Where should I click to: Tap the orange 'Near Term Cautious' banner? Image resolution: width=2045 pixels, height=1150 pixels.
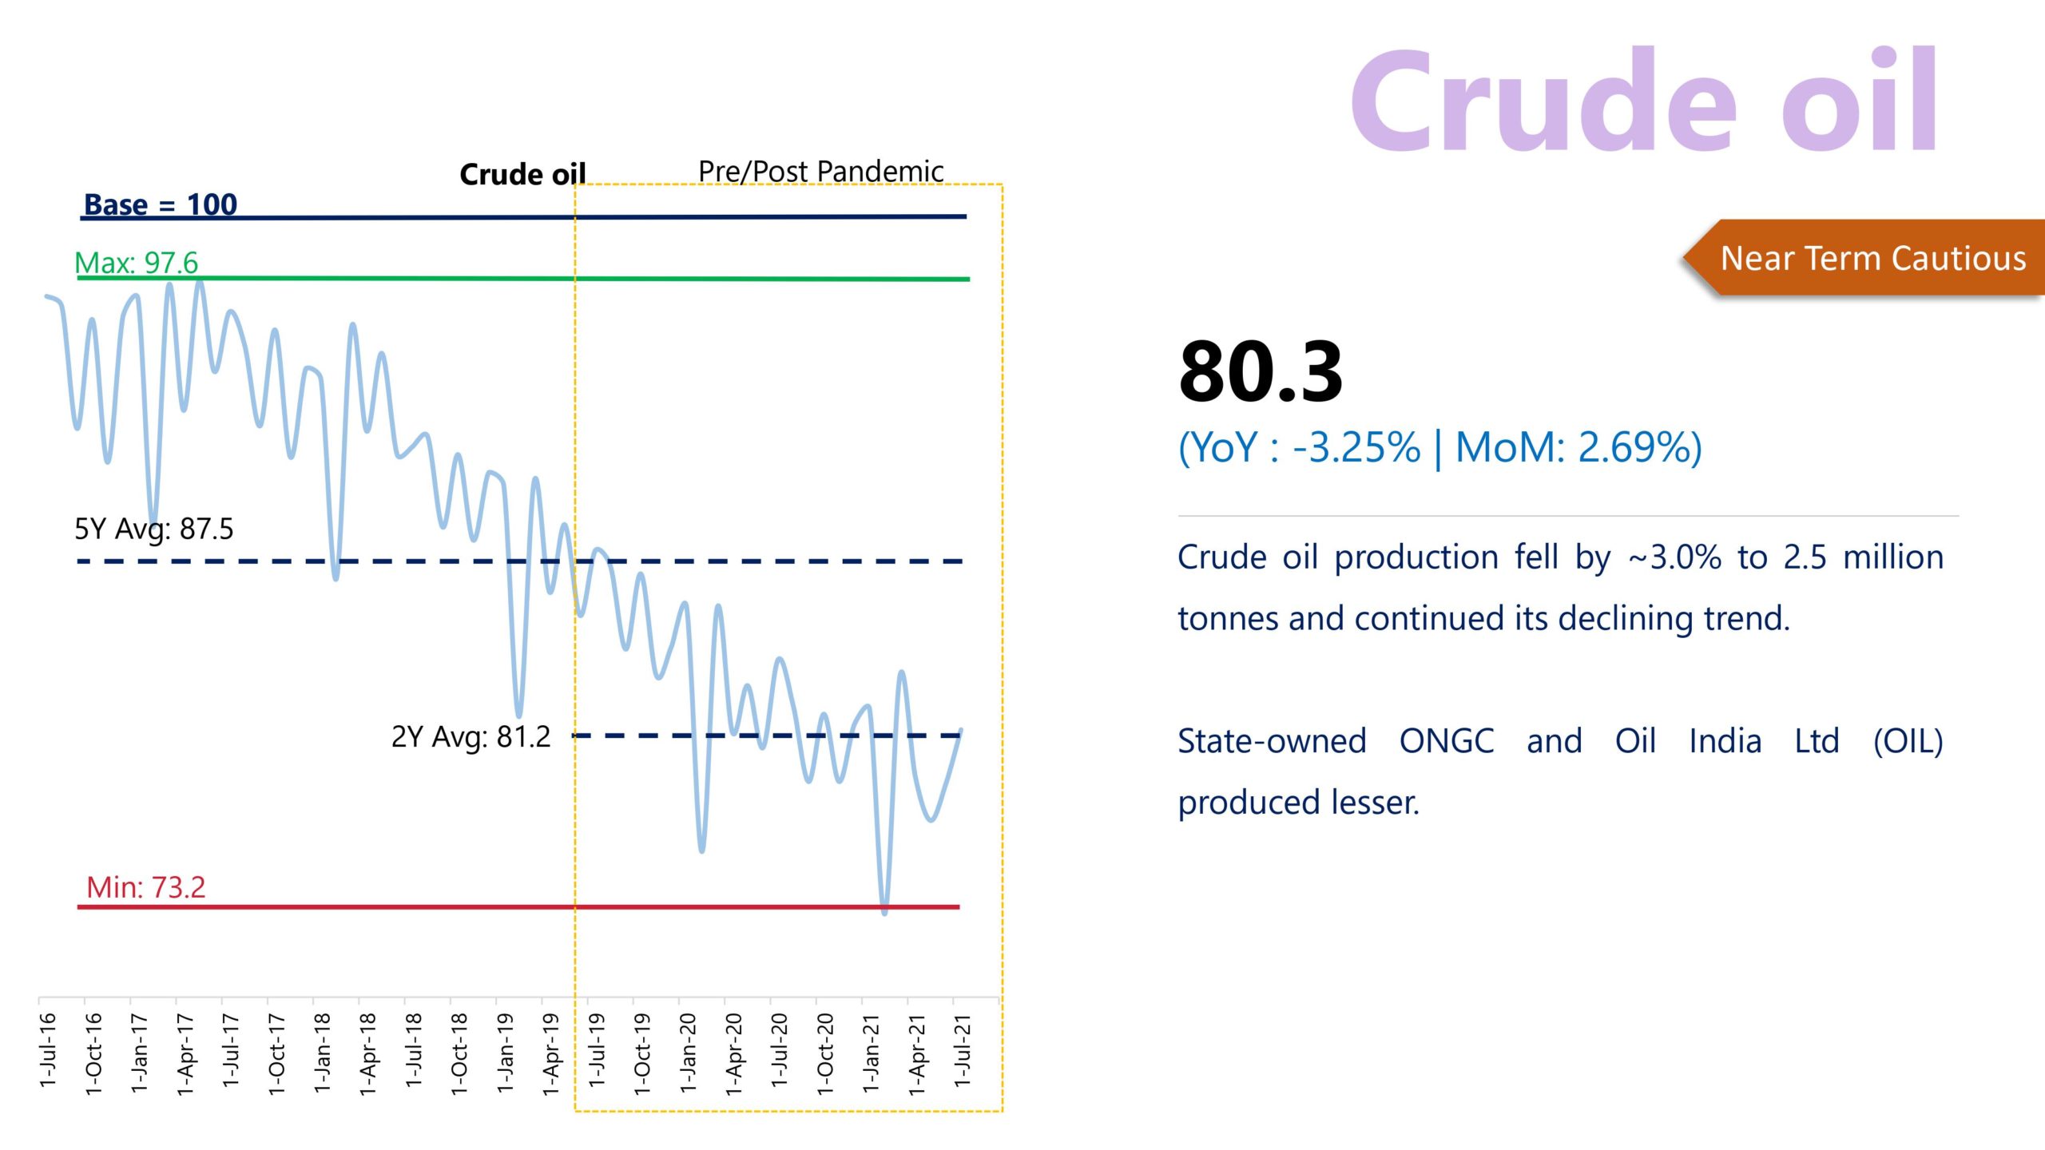click(x=1872, y=258)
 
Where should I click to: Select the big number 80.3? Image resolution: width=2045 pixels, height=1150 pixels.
click(x=1261, y=372)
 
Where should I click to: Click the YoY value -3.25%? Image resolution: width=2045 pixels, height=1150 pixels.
click(x=1356, y=447)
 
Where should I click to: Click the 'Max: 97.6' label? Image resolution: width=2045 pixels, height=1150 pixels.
click(x=136, y=263)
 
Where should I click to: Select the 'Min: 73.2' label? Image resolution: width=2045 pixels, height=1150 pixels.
click(x=145, y=887)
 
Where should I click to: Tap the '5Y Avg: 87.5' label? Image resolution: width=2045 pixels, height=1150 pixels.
click(x=153, y=529)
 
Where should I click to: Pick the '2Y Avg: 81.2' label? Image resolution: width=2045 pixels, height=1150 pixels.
click(x=471, y=736)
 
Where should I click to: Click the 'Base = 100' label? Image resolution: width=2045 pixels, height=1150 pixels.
click(x=161, y=204)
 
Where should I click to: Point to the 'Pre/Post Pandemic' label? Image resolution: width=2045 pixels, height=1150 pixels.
click(x=820, y=171)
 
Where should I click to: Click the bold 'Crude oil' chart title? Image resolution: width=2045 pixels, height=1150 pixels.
click(x=522, y=174)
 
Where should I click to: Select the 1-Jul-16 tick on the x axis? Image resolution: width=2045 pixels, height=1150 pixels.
click(x=48, y=1049)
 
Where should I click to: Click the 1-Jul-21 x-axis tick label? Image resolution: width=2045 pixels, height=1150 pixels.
click(x=963, y=1049)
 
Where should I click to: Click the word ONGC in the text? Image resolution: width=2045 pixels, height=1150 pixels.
click(x=1446, y=741)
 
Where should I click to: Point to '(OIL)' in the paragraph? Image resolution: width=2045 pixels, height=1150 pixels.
click(x=1908, y=741)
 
